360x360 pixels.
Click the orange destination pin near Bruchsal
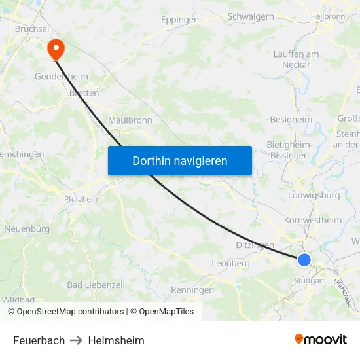point(55,47)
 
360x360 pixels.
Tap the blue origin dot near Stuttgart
point(304,261)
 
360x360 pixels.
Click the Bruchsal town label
point(32,29)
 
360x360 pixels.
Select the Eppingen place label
point(180,20)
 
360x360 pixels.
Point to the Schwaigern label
point(250,16)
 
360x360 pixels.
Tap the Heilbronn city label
point(328,16)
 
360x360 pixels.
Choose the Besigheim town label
point(291,120)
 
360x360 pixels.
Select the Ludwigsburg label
point(314,195)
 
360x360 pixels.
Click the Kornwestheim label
point(313,220)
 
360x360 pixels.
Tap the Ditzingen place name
point(255,245)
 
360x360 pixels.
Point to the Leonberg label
point(230,263)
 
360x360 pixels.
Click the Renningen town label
point(192,289)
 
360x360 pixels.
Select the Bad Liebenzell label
point(96,285)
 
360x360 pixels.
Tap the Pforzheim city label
point(82,199)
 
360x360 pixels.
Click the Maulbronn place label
point(130,120)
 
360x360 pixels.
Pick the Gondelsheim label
point(61,76)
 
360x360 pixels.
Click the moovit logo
point(320,339)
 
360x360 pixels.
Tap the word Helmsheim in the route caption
point(116,340)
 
